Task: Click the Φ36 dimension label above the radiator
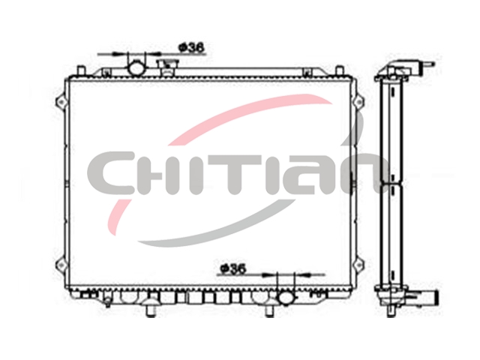pyautogui.click(x=191, y=48)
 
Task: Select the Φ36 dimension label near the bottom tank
pyautogui.click(x=233, y=268)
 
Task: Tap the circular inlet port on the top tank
pyautogui.click(x=136, y=68)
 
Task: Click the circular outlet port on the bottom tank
pyautogui.click(x=286, y=298)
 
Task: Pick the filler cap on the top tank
pyautogui.click(x=167, y=67)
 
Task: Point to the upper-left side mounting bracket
pyautogui.click(x=61, y=101)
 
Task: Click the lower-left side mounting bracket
pyautogui.click(x=61, y=264)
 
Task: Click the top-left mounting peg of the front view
pyautogui.click(x=80, y=70)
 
